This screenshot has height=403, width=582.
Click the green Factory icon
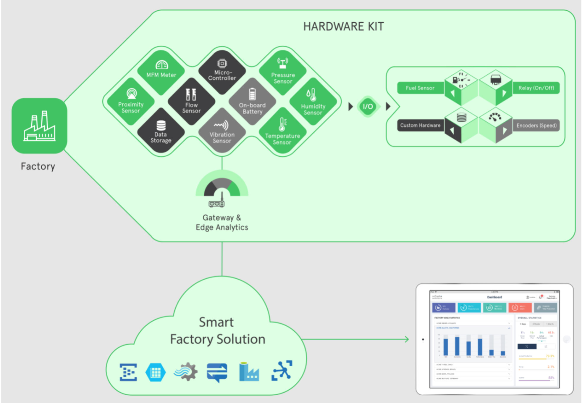[x=39, y=126]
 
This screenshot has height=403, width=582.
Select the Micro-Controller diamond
[x=222, y=72]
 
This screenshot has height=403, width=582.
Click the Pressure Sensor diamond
[x=283, y=72]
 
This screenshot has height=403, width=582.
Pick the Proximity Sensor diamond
[x=131, y=102]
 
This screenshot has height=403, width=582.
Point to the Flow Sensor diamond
[x=191, y=102]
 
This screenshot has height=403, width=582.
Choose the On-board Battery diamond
[x=252, y=102]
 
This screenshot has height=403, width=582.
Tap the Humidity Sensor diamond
[x=313, y=102]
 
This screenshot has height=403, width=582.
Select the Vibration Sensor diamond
[x=222, y=132]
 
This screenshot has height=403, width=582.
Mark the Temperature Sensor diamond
[x=282, y=132]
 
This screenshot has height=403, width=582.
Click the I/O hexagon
[x=368, y=107]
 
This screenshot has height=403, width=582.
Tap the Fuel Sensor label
[x=420, y=88]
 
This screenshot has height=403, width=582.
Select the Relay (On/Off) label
[x=536, y=88]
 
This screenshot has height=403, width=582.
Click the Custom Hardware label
[x=420, y=125]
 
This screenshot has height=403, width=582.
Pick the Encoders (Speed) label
[x=536, y=126]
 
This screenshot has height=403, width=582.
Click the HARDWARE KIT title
[x=343, y=27]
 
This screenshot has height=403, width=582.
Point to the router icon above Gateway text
[x=217, y=202]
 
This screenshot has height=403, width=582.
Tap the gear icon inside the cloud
[x=186, y=372]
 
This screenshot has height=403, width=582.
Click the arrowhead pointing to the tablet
[x=407, y=339]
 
